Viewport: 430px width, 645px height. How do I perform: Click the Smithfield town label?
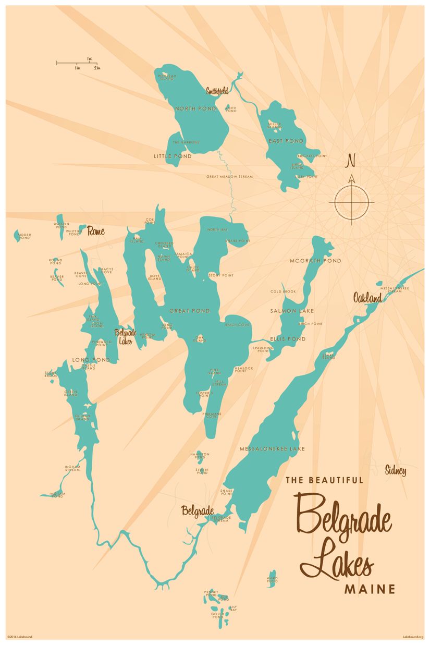(217, 91)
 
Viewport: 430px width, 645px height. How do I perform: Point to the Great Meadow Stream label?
(229, 177)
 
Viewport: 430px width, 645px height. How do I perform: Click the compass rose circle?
(352, 202)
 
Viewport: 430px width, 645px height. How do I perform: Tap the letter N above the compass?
(351, 159)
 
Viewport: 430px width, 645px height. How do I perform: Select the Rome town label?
(96, 230)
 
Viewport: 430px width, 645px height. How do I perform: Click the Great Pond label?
(190, 311)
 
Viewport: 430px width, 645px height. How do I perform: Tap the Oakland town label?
(367, 298)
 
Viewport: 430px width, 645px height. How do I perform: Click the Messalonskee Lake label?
(272, 448)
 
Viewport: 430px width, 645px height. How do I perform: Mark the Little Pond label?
(173, 156)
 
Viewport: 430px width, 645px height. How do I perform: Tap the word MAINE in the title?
(370, 589)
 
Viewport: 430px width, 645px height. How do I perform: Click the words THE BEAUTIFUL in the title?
(324, 480)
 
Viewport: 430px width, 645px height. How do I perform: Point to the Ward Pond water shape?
(272, 578)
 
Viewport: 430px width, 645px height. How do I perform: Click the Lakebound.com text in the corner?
(413, 637)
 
